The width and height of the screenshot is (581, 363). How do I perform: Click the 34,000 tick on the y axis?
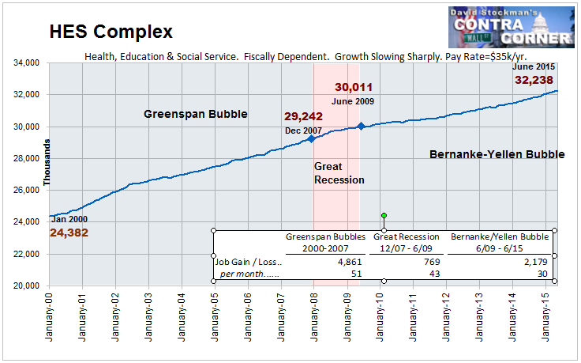[x=31, y=62]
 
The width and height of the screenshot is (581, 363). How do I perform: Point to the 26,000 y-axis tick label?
[x=31, y=190]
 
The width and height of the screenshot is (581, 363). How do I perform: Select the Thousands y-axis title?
[x=47, y=163]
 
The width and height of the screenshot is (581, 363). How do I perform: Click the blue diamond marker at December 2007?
[x=311, y=138]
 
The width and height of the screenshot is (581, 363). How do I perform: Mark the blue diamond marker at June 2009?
[x=361, y=126]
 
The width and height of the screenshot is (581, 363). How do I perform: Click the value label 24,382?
[x=69, y=233]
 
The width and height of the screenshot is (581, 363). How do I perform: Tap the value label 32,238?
[x=534, y=80]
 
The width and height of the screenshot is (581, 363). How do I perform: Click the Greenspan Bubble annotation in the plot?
[x=196, y=114]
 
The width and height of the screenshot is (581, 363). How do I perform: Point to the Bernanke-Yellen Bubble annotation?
[x=497, y=154]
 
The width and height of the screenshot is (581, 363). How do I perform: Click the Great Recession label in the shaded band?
[x=339, y=173]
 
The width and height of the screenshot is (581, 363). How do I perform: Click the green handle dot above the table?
[x=384, y=215]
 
